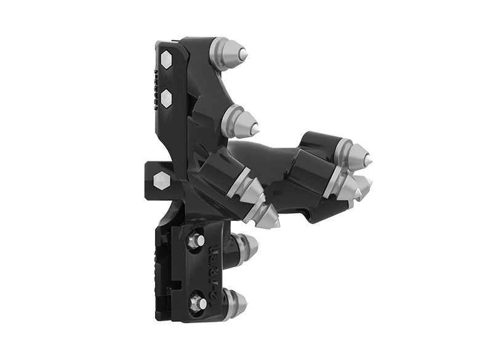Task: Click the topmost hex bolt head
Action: [166, 60]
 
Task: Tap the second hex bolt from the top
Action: [166, 97]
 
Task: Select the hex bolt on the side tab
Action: [161, 180]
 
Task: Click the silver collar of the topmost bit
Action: [222, 50]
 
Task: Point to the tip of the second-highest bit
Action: [254, 128]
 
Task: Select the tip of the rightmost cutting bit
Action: [369, 159]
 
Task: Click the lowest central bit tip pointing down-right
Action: [275, 219]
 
